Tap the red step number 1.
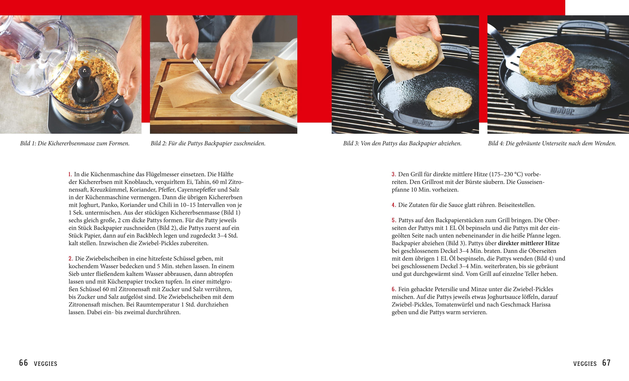click(70, 175)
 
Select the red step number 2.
click(71, 259)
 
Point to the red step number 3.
click(394, 175)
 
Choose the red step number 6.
click(394, 289)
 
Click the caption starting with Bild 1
click(75, 143)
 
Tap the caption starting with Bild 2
click(208, 143)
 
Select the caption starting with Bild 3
click(402, 143)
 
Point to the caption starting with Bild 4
click(552, 143)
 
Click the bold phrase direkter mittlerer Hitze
click(529, 243)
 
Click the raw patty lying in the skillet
click(449, 102)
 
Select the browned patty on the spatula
click(547, 63)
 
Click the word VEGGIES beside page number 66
click(46, 364)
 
